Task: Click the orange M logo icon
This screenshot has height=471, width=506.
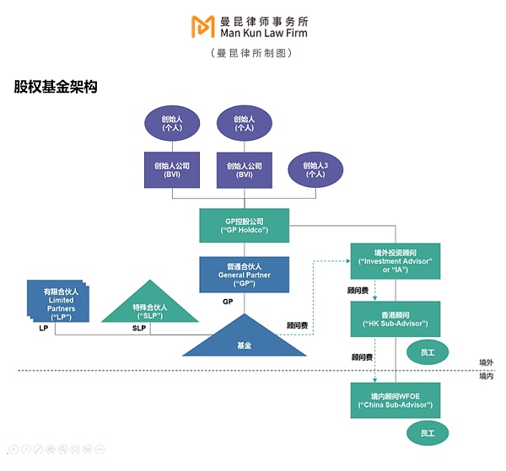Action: point(202,26)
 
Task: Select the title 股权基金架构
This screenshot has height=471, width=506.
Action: point(55,87)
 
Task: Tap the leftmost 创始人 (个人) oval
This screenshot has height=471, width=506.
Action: point(172,123)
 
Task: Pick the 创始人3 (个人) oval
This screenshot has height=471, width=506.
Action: point(315,169)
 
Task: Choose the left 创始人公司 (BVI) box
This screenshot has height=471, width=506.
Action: point(172,169)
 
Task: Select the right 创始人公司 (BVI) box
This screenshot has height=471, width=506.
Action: point(245,169)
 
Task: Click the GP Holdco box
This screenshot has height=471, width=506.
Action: point(245,225)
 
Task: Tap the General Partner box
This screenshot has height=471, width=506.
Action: point(245,275)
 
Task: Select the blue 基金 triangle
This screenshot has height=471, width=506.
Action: point(244,339)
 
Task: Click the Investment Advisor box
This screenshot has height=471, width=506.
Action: point(396,260)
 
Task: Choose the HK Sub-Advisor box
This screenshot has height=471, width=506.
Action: point(396,318)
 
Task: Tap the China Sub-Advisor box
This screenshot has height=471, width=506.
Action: point(396,399)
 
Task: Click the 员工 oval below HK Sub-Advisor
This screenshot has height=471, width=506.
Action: point(428,351)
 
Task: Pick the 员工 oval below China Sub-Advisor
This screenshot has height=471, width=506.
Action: point(428,432)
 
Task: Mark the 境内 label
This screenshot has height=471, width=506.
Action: point(486,376)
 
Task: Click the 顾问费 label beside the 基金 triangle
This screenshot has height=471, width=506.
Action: point(298,324)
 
